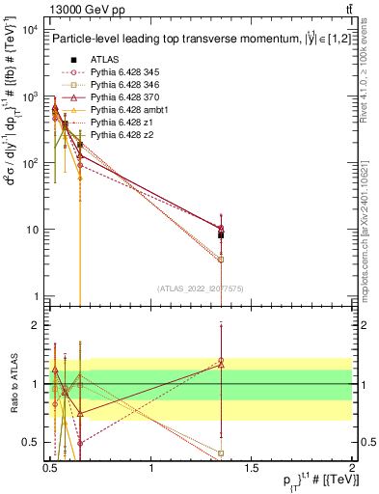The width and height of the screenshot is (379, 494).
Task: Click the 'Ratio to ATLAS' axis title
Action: click(x=14, y=384)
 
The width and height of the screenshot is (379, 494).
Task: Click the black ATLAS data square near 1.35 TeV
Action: click(x=222, y=234)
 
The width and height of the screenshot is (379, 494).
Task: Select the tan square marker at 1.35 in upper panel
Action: click(x=222, y=260)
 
